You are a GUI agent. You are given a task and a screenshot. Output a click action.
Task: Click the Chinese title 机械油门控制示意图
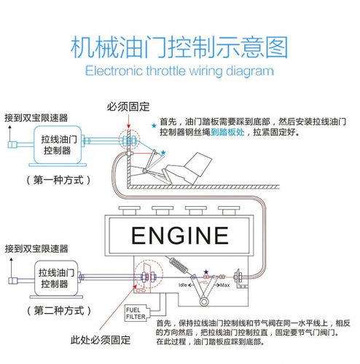point(179,47)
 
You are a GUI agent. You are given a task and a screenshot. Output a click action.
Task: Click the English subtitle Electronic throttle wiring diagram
point(179,71)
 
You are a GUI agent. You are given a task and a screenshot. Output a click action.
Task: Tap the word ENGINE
point(180,235)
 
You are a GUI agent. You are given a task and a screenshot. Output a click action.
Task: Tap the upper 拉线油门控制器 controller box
point(56,145)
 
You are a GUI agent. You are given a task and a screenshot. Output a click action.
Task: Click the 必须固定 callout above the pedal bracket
point(129,107)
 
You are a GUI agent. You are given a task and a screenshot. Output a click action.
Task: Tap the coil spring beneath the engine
point(177,264)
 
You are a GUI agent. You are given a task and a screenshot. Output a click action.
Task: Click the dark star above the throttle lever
point(206,272)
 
